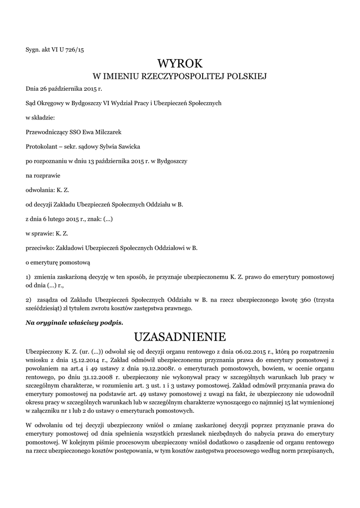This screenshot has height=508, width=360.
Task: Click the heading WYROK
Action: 180,63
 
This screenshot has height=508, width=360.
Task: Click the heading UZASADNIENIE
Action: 180,337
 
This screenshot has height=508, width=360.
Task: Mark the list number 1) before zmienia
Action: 29,276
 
